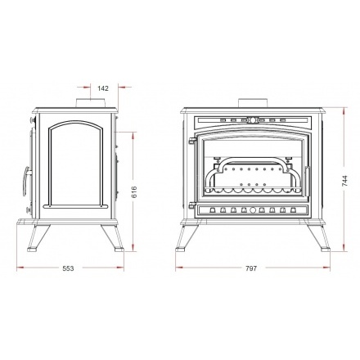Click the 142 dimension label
pyautogui.click(x=103, y=88)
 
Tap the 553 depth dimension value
pyautogui.click(x=68, y=268)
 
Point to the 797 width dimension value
pyautogui.click(x=251, y=268)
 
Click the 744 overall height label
pyautogui.click(x=345, y=181)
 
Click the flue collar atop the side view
pyautogui.click(x=90, y=103)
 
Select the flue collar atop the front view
pyautogui.click(x=253, y=103)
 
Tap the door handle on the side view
pyautogui.click(x=26, y=181)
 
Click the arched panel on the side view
pyautogui.click(x=75, y=164)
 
